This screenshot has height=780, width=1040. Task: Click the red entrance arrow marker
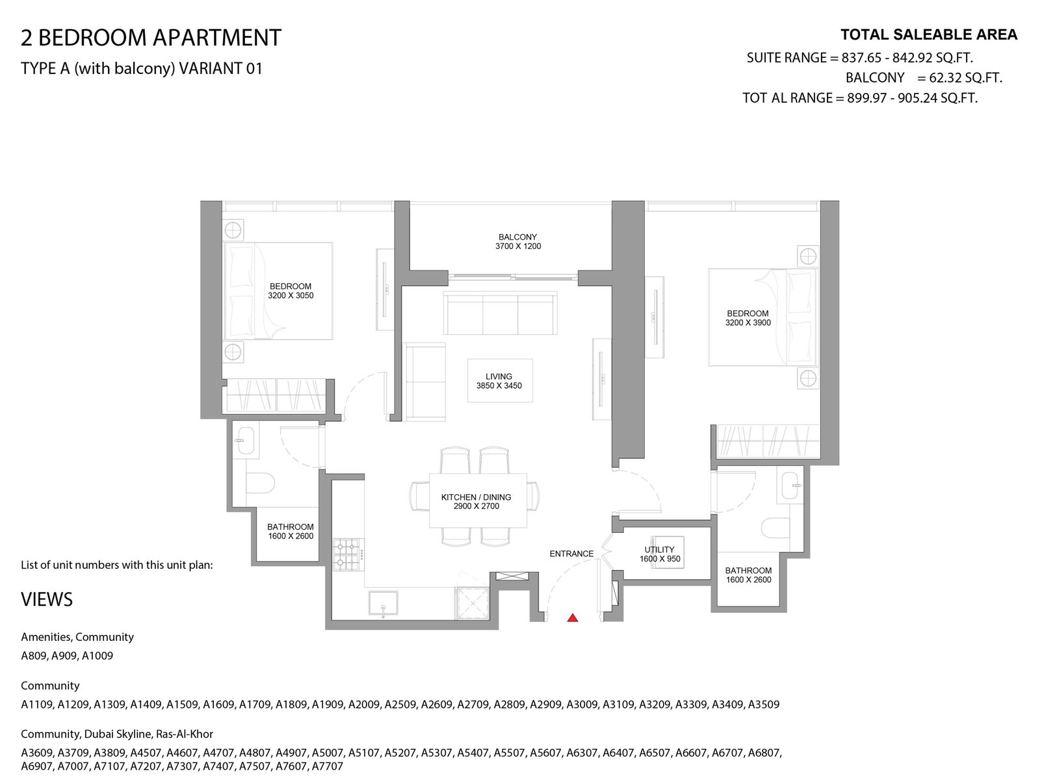coord(573,617)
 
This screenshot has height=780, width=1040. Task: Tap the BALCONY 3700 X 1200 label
coord(518,242)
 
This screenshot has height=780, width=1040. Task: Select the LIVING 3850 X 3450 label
coord(499,382)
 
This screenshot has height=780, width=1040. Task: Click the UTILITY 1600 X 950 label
coord(660,554)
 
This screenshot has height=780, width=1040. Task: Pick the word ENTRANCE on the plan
coord(571,554)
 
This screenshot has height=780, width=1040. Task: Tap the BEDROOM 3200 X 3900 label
coord(747,318)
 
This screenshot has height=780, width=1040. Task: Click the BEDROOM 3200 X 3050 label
coord(291,291)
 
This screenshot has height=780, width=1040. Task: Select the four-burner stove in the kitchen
coord(348,554)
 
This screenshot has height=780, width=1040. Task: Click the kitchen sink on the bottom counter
coord(383,603)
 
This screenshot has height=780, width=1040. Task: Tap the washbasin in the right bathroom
coord(790,485)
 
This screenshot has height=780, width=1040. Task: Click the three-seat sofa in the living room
coord(500,313)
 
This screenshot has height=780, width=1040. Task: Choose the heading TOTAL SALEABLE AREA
coord(929,34)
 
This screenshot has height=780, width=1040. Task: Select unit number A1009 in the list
coord(97,656)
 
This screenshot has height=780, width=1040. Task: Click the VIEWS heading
coord(47,599)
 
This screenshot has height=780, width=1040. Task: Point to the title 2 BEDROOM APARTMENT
coord(151,38)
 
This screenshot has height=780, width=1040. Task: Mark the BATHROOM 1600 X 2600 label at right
coord(748,575)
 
